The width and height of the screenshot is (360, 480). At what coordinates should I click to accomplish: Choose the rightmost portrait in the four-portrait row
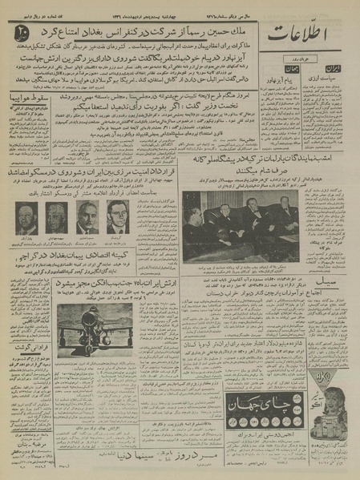117,216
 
